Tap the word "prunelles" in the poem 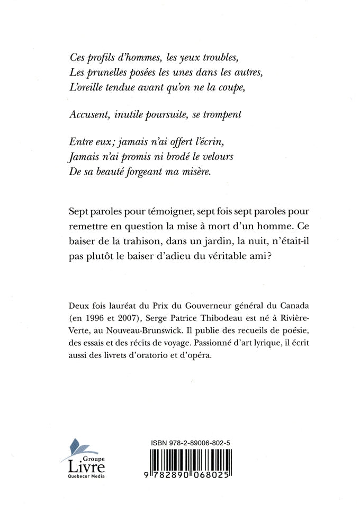click(108, 72)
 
